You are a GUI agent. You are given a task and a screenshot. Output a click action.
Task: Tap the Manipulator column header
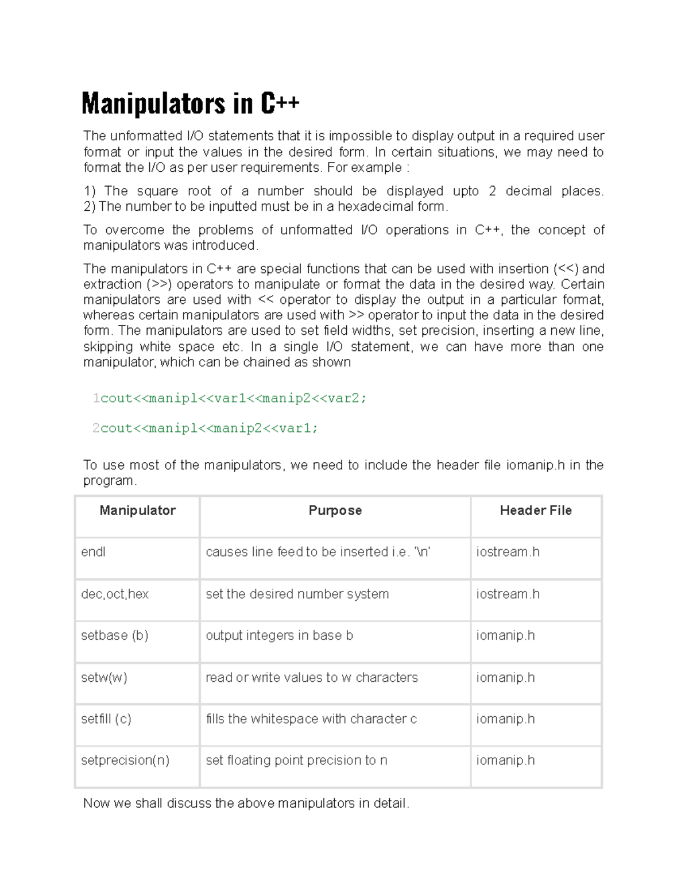[x=137, y=511]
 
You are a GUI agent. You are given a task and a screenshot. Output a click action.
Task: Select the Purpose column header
[x=335, y=511]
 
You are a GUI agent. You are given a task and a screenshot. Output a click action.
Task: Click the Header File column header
[x=535, y=511]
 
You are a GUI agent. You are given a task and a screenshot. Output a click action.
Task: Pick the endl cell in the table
[x=94, y=552]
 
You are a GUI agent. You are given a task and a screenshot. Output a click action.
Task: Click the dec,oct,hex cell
[x=115, y=594]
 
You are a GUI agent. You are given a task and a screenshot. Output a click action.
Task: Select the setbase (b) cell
[x=115, y=635]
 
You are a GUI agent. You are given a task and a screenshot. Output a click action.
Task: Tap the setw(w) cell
[x=104, y=677]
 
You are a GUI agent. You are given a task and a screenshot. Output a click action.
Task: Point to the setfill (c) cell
[x=106, y=719]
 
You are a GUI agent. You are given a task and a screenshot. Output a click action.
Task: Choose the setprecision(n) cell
[x=125, y=760]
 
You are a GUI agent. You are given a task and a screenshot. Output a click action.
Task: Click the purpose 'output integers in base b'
[x=279, y=635]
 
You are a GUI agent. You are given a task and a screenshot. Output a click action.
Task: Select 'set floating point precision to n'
[x=296, y=760]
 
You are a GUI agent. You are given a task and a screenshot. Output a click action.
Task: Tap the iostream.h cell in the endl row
[x=508, y=552]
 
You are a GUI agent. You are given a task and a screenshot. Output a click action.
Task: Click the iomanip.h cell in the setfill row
[x=505, y=719]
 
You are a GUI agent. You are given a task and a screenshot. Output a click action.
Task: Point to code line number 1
[x=96, y=398]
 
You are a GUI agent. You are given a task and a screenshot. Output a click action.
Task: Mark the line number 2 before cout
[x=96, y=428]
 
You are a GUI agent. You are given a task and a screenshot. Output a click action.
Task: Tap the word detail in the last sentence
[x=390, y=803]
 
